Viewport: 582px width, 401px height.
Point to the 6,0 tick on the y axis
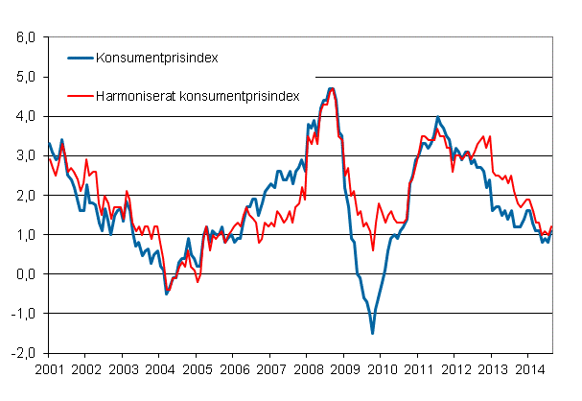tap(25, 37)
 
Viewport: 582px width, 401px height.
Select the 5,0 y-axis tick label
tap(25, 77)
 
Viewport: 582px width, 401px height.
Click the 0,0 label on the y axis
tap(25, 273)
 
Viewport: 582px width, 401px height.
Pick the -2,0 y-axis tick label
tap(23, 352)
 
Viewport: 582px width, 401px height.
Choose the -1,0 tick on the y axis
tap(23, 313)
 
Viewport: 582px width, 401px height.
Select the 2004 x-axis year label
tap(159, 367)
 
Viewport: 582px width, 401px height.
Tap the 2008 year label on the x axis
tap(307, 367)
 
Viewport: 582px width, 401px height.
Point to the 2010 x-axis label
tap(381, 367)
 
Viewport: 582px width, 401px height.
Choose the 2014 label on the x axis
tap(528, 367)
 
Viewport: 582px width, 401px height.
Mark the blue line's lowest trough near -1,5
tap(372, 332)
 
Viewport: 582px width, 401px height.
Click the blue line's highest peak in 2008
tap(332, 88)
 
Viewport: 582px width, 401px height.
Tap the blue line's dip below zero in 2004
tap(167, 294)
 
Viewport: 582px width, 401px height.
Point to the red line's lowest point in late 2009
tap(372, 250)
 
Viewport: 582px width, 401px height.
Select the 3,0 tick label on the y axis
tap(25, 155)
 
